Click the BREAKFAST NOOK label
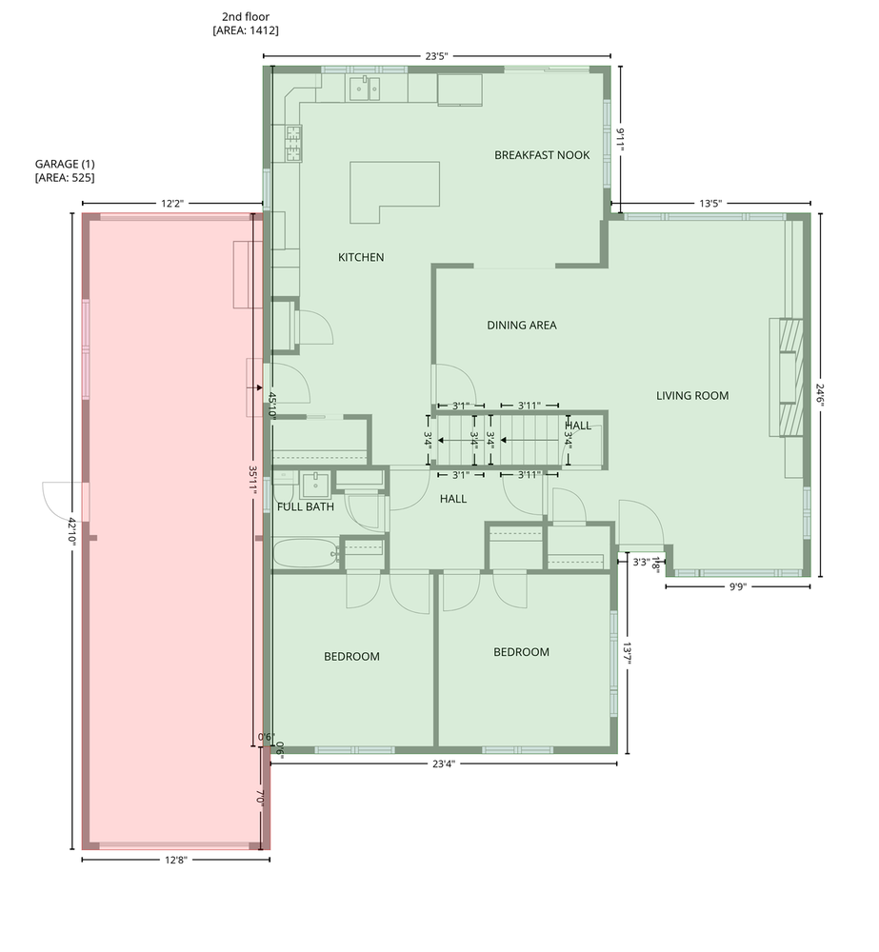click(542, 155)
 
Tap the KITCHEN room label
click(361, 257)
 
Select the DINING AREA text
click(522, 326)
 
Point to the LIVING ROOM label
click(692, 396)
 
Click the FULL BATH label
click(306, 507)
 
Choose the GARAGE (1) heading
click(65, 164)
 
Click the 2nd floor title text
click(246, 17)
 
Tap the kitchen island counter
click(395, 192)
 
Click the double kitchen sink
click(364, 89)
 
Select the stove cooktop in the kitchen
click(294, 144)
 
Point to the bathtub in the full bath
click(306, 553)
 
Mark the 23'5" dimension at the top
click(436, 56)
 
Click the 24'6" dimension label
click(821, 395)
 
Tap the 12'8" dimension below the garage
click(176, 860)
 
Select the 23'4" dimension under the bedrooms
click(444, 764)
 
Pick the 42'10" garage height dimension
click(72, 531)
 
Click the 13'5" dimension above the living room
click(710, 204)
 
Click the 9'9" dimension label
click(737, 586)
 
